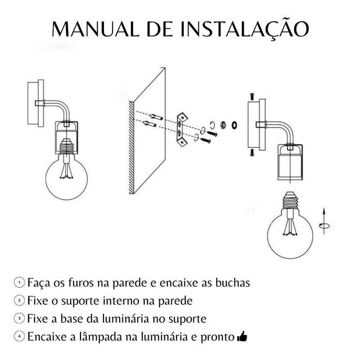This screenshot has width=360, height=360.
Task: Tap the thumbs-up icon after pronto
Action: point(242,336)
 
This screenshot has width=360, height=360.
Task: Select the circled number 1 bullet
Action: point(19,283)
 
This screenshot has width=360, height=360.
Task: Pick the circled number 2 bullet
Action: point(19,300)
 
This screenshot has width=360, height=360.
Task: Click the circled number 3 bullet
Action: point(19,319)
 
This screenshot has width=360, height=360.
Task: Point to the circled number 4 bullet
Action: point(19,336)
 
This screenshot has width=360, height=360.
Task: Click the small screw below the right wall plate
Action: point(251,153)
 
